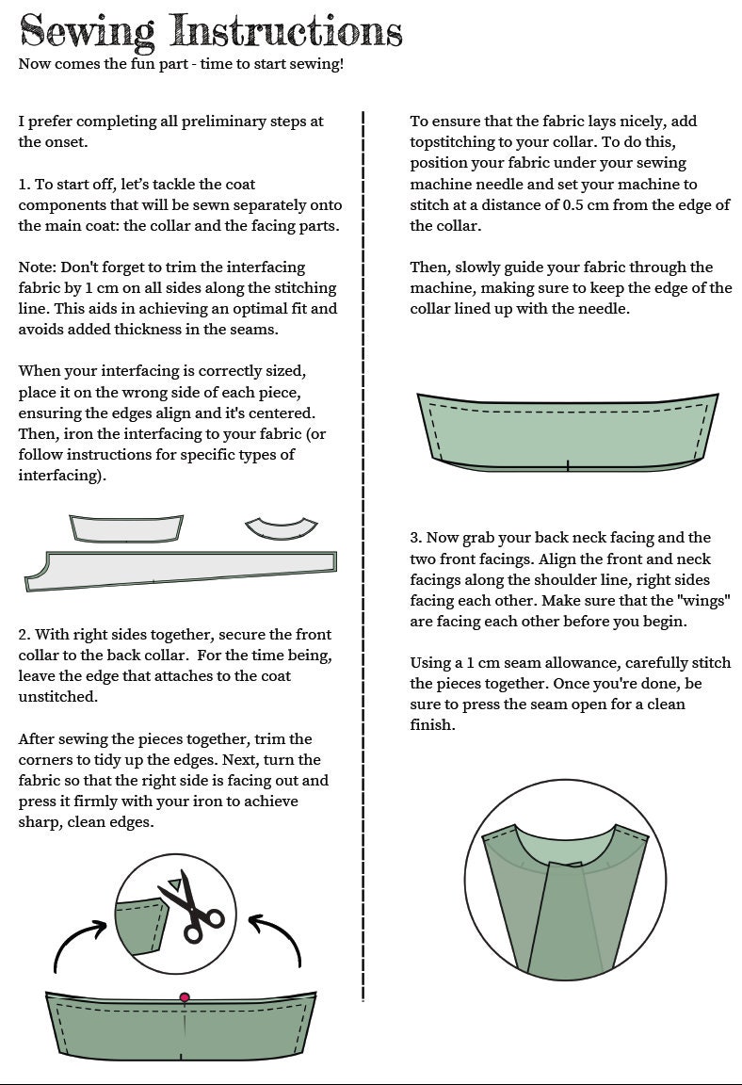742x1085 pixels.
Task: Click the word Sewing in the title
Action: (x=88, y=32)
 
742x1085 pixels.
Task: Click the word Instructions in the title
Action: (x=286, y=30)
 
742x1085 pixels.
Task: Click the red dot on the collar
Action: (x=185, y=997)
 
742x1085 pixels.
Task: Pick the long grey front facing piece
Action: (x=181, y=570)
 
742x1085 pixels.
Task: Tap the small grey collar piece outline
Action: (x=126, y=528)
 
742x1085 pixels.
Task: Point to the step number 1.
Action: (x=24, y=184)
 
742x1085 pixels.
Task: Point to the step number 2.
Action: (x=24, y=635)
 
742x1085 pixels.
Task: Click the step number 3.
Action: (x=415, y=538)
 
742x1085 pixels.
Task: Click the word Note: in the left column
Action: (x=38, y=267)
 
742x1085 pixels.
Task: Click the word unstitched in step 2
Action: (x=58, y=697)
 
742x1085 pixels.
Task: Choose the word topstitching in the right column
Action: (x=452, y=142)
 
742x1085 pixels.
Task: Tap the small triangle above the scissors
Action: (x=177, y=883)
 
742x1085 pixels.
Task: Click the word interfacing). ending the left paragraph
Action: (x=62, y=476)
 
